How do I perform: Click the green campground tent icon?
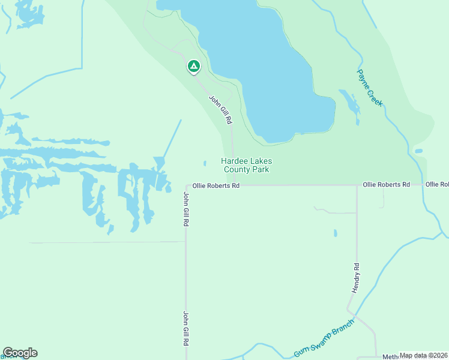click(x=193, y=66)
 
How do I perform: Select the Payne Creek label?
click(x=370, y=88)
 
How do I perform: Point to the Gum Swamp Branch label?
click(x=324, y=338)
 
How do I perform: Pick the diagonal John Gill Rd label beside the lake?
click(x=220, y=109)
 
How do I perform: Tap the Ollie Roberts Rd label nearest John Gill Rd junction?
click(x=215, y=186)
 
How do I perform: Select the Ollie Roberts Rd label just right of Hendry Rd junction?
click(x=386, y=185)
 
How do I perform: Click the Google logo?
click(x=20, y=353)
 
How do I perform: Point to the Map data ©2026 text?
click(x=423, y=356)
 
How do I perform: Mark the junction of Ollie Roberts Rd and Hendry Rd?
click(x=357, y=185)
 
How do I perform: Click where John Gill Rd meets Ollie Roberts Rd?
click(x=186, y=186)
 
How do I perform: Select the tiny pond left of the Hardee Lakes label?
click(x=205, y=163)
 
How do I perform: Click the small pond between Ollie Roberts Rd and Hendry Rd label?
click(x=335, y=233)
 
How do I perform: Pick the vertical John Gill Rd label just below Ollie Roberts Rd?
click(x=186, y=209)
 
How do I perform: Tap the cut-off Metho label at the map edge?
click(x=390, y=356)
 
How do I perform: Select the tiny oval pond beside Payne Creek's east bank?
click(x=418, y=151)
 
